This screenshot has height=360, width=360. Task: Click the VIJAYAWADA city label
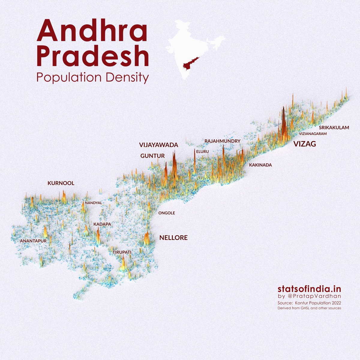pyautogui.click(x=158, y=145)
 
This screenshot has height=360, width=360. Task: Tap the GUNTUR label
pyautogui.click(x=152, y=156)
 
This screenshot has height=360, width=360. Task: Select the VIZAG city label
pyautogui.click(x=304, y=144)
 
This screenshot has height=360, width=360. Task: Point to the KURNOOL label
pyautogui.click(x=61, y=183)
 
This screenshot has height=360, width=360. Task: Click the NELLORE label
pyautogui.click(x=173, y=238)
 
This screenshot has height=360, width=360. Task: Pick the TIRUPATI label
pyautogui.click(x=122, y=252)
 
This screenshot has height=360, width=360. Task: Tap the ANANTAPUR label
pyautogui.click(x=33, y=241)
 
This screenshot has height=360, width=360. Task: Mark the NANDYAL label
pyautogui.click(x=93, y=203)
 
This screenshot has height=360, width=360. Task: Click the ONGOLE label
pyautogui.click(x=166, y=213)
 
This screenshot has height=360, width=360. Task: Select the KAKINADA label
pyautogui.click(x=260, y=165)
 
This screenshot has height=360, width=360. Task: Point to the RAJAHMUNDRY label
pyautogui.click(x=222, y=141)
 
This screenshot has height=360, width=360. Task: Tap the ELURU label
pyautogui.click(x=202, y=152)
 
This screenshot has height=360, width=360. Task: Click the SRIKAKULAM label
pyautogui.click(x=334, y=127)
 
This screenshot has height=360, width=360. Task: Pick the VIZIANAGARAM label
pyautogui.click(x=313, y=134)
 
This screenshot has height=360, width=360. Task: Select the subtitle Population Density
pyautogui.click(x=92, y=78)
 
